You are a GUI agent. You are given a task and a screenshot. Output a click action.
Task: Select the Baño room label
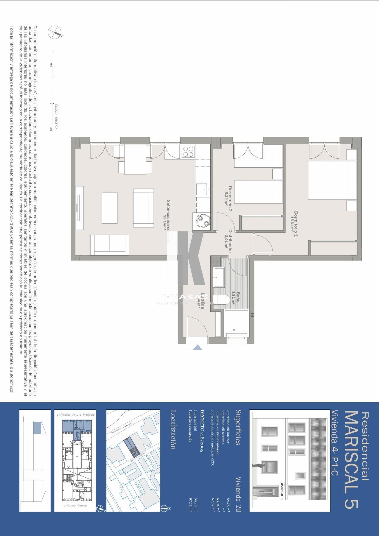236,297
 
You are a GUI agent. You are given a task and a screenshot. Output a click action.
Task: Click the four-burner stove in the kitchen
188,151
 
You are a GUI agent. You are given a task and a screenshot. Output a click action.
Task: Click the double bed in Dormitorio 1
328,180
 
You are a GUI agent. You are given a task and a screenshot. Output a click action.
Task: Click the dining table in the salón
135,159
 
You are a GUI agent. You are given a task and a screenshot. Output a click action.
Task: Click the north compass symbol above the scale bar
55,32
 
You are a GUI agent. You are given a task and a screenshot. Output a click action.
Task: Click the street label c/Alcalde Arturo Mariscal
75,415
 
